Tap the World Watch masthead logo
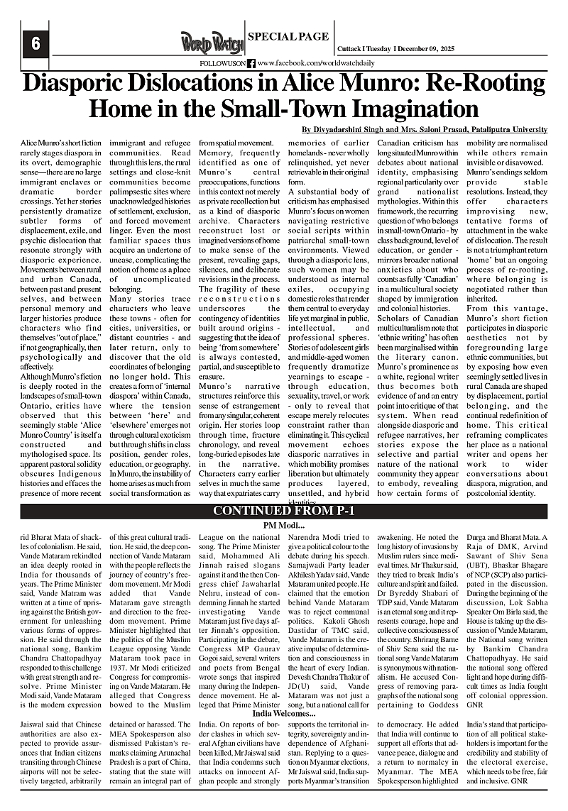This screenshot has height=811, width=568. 212,42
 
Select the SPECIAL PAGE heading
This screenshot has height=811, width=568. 289,36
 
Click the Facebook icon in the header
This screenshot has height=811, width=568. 251,63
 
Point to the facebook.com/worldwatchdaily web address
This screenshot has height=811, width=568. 317,63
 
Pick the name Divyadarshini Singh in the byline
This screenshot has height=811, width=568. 344,129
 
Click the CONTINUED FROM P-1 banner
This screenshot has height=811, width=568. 284,512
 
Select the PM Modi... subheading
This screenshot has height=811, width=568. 284,526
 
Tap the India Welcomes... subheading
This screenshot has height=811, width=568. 283,693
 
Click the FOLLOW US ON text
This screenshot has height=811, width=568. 222,63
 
